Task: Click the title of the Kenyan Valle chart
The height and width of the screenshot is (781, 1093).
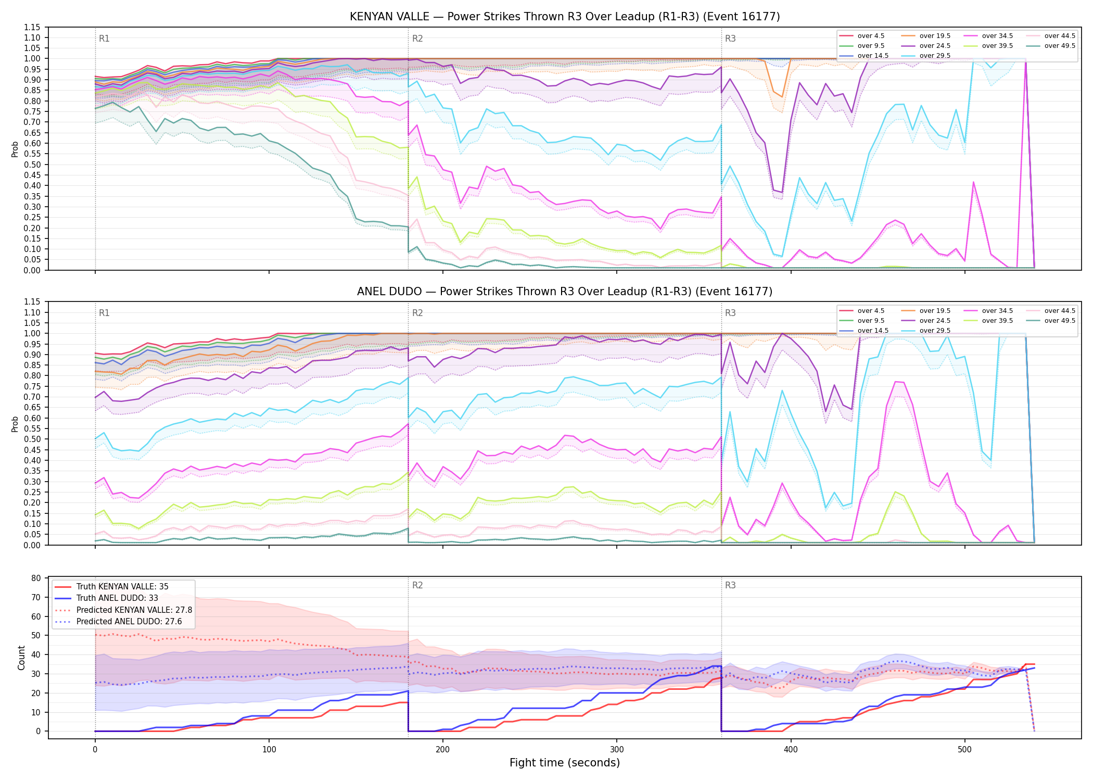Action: point(565,17)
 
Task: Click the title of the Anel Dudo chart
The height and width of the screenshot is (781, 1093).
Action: point(565,292)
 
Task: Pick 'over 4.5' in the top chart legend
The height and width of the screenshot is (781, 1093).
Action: point(871,36)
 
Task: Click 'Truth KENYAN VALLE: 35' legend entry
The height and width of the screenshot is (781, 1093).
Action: point(122,587)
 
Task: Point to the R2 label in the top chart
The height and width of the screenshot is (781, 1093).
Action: point(417,39)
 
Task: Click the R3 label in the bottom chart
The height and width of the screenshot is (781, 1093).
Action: point(730,585)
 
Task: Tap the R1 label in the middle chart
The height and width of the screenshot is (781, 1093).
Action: point(104,313)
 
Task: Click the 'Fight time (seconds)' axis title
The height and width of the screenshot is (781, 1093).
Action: point(565,763)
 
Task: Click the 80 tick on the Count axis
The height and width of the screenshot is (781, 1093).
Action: point(36,578)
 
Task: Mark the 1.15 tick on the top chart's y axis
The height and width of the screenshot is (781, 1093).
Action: point(32,27)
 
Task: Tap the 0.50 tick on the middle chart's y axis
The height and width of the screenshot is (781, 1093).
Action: point(32,439)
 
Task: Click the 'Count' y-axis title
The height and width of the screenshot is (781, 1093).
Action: point(21,658)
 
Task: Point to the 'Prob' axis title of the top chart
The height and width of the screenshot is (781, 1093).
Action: point(15,149)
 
